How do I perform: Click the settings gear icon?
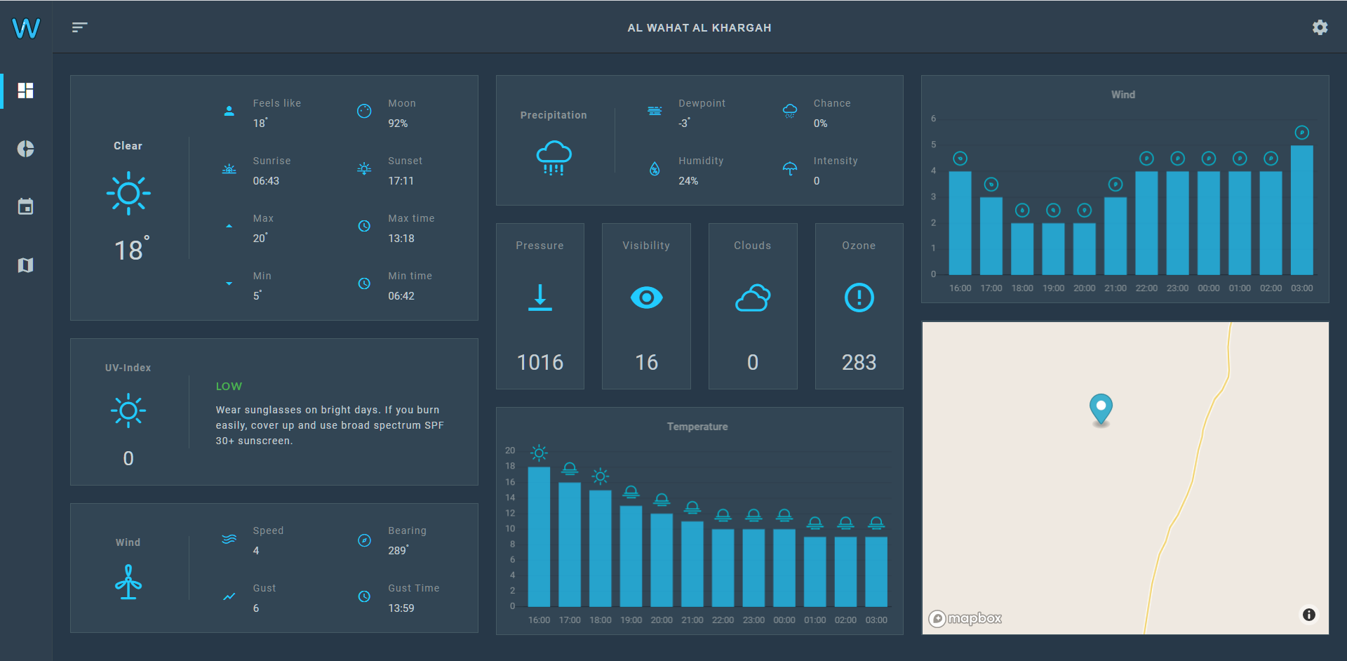tap(1320, 27)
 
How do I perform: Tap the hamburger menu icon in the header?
tap(79, 27)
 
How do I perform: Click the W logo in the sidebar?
tap(26, 28)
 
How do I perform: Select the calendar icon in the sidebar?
tap(26, 207)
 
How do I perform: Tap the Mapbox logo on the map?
tap(965, 618)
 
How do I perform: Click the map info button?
tap(1308, 615)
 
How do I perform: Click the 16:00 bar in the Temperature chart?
tap(539, 536)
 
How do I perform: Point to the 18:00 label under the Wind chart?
tap(1022, 288)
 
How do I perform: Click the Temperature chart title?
tap(697, 427)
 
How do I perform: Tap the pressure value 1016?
tap(540, 362)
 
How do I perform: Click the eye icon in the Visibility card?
tap(646, 298)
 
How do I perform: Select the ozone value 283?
tap(859, 362)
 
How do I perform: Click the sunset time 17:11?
tap(401, 181)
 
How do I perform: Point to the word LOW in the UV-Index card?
tap(229, 387)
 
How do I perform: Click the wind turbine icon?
tap(128, 582)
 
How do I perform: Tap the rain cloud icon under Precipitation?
tap(554, 157)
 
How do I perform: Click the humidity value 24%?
tap(688, 181)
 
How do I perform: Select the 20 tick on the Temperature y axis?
tap(510, 450)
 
